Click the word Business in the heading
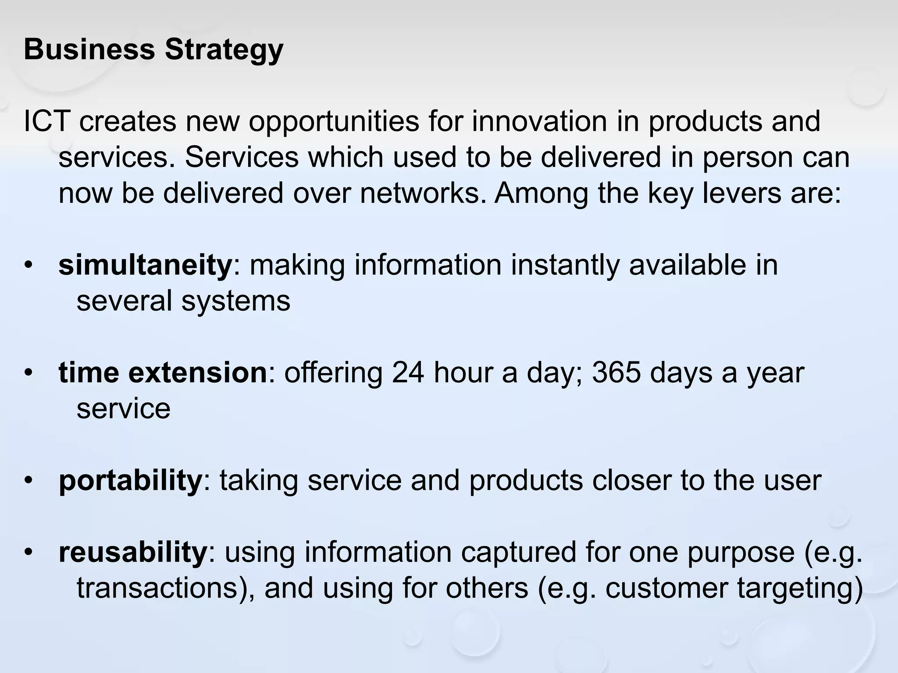pyautogui.click(x=89, y=49)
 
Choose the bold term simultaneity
pyautogui.click(x=145, y=265)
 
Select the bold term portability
pyautogui.click(x=130, y=481)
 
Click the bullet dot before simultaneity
pyautogui.click(x=29, y=266)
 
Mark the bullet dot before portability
pyautogui.click(x=29, y=481)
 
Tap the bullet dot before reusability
pyautogui.click(x=29, y=553)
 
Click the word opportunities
pyautogui.click(x=334, y=122)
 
